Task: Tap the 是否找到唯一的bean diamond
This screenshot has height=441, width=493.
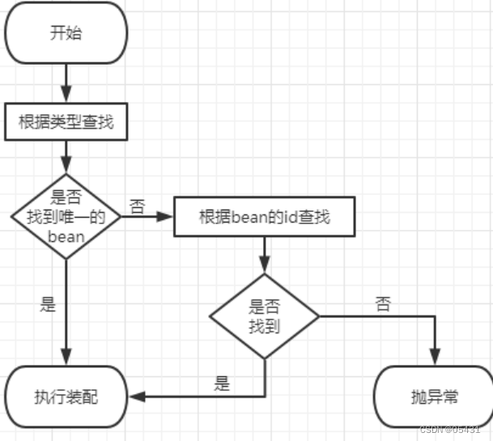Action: pyautogui.click(x=66, y=216)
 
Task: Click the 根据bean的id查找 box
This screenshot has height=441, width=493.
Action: pyautogui.click(x=264, y=218)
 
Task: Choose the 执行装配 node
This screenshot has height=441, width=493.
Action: pyautogui.click(x=66, y=396)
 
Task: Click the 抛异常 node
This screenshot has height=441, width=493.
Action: pyautogui.click(x=434, y=396)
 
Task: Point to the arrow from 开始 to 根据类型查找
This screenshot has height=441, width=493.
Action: pyautogui.click(x=66, y=82)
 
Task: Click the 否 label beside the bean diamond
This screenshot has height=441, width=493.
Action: pyautogui.click(x=137, y=206)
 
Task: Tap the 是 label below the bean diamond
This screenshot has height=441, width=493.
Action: pyautogui.click(x=49, y=305)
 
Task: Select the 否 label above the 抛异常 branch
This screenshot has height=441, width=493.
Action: pyautogui.click(x=382, y=304)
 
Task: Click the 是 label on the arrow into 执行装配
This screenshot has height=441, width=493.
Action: pyautogui.click(x=222, y=384)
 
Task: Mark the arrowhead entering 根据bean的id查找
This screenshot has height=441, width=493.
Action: pyautogui.click(x=167, y=218)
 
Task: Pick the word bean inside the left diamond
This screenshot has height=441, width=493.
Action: pyautogui.click(x=66, y=236)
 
